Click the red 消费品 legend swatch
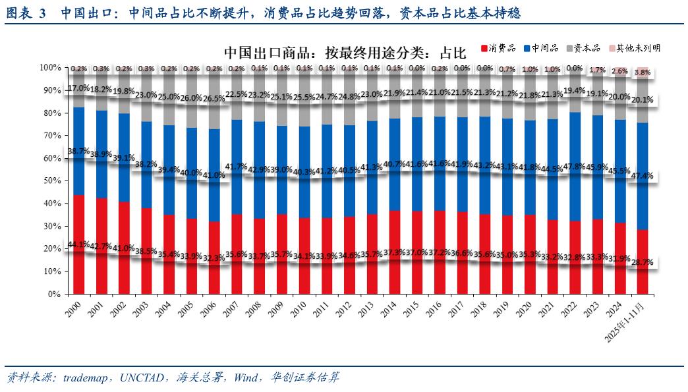coord(484,48)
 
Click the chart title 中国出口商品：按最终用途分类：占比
coord(344,51)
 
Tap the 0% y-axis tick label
coord(54,294)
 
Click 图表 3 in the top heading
coord(26,13)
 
